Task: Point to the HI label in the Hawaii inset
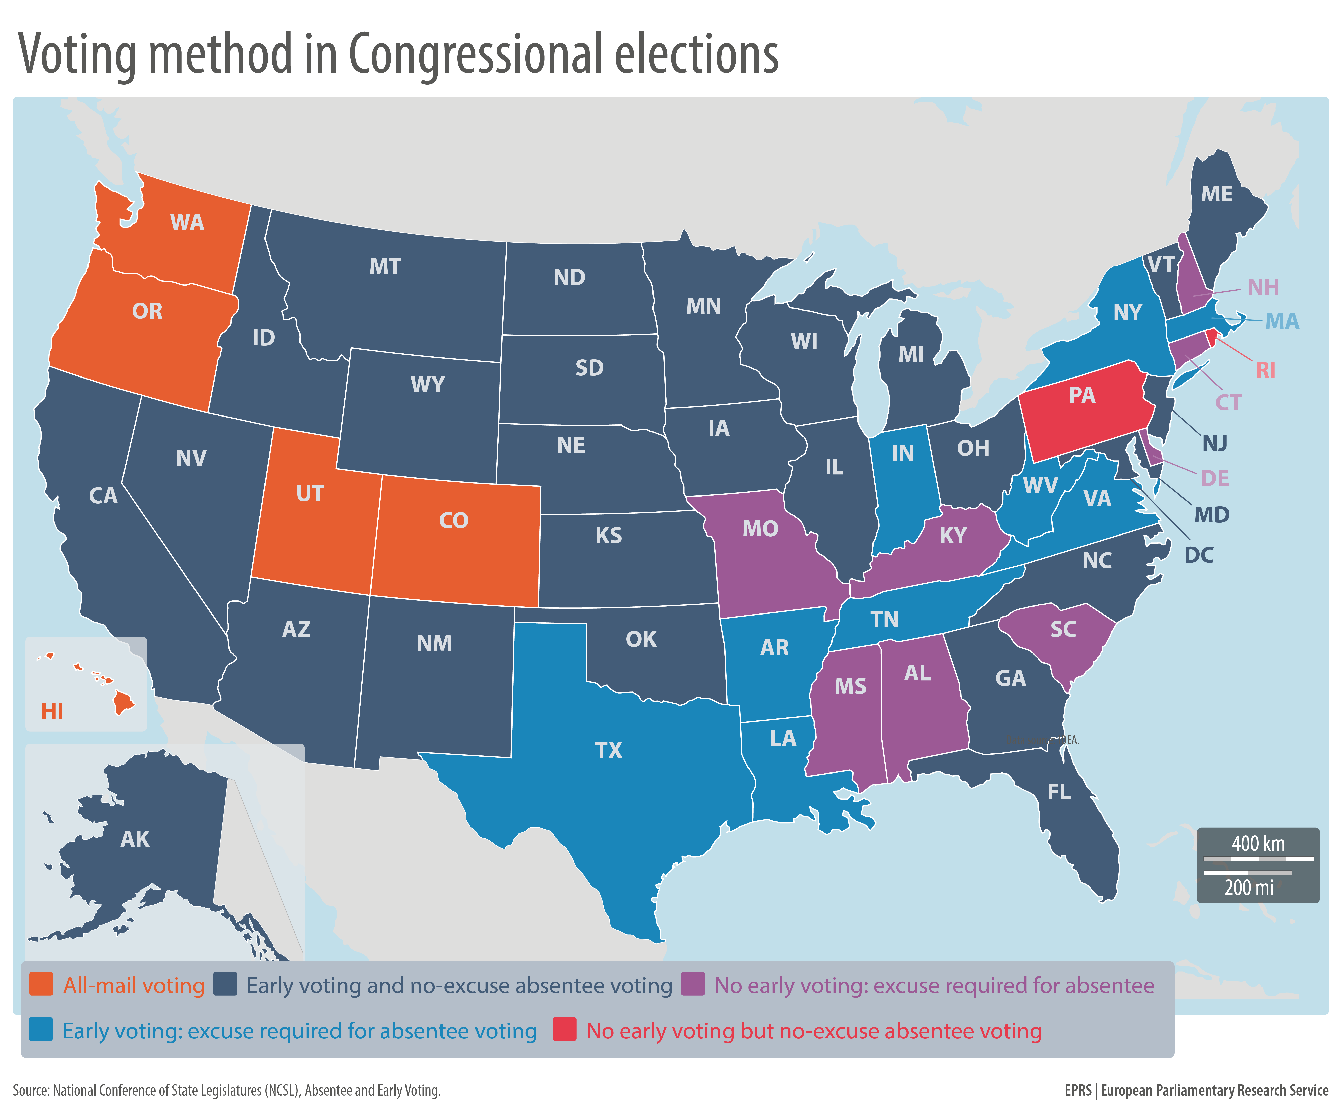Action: click(x=52, y=711)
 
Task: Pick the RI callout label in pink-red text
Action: click(x=1265, y=370)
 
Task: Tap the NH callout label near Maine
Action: click(x=1263, y=288)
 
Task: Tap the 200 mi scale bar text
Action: click(x=1248, y=887)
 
